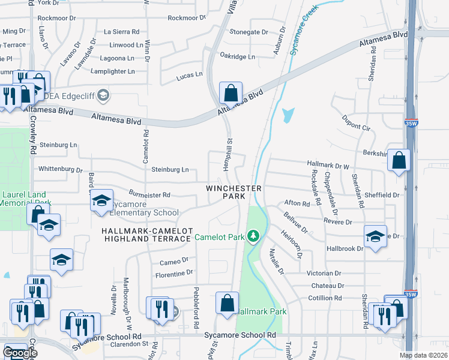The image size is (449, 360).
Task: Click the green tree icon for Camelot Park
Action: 254,237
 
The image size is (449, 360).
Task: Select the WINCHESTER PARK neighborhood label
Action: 234,192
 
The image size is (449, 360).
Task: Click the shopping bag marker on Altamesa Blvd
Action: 231,94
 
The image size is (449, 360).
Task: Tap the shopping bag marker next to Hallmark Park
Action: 228,304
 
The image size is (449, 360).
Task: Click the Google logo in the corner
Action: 20,353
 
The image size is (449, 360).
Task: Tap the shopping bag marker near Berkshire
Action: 399,161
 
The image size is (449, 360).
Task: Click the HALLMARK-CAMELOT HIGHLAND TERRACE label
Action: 146,235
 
